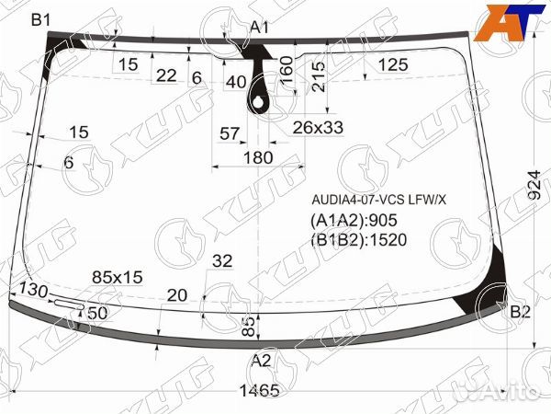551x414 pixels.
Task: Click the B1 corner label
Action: pos(41,20)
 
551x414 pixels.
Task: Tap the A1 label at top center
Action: pos(260,27)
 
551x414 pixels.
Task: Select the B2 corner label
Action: pos(520,312)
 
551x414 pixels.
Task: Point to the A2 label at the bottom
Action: pos(262,361)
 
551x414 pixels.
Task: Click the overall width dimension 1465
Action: pos(260,390)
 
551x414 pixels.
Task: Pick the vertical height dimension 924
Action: pos(534,185)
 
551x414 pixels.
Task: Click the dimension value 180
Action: pos(258,157)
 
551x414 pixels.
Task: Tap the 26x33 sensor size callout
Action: pos(318,128)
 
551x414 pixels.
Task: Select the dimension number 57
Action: pos(229,133)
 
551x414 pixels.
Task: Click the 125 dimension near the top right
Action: pos(393,64)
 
